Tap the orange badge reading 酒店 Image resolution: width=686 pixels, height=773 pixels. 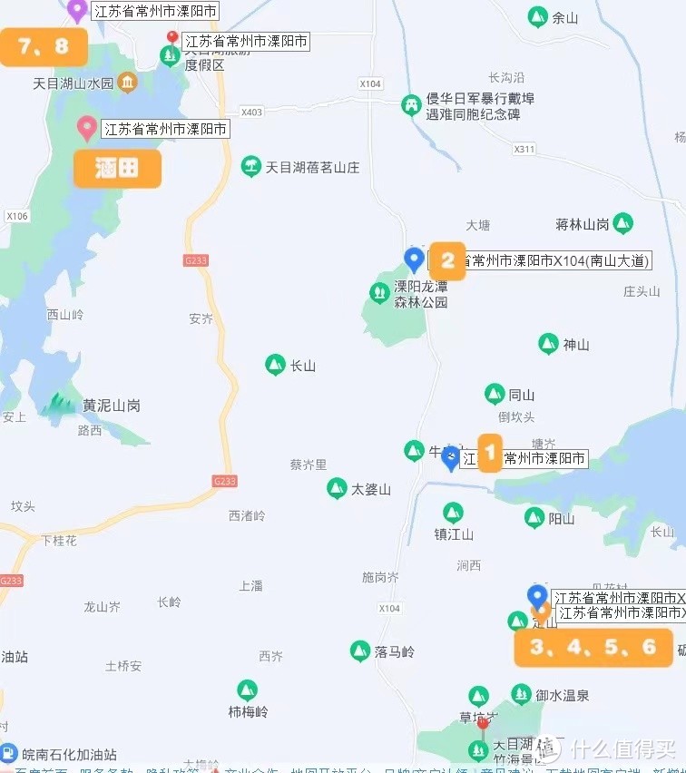[117, 169]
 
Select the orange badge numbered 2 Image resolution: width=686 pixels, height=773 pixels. [447, 261]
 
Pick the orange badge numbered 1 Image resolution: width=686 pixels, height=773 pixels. [489, 453]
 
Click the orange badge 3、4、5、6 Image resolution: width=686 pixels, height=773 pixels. [593, 648]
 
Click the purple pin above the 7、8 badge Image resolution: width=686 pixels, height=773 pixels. [77, 10]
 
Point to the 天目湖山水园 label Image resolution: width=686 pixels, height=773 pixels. [73, 83]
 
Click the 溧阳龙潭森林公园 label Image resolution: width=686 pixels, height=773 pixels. [420, 295]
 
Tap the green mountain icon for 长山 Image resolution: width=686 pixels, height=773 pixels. [275, 366]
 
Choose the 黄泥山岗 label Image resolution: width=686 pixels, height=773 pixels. [112, 406]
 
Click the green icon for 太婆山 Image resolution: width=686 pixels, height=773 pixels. [337, 488]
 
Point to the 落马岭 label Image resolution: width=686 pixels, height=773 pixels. [395, 651]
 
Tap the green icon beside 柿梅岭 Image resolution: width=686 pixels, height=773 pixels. [247, 690]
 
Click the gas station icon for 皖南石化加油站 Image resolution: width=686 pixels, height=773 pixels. [8, 753]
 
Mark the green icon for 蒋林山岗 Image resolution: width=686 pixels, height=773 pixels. [622, 223]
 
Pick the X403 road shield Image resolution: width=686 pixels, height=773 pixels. [251, 112]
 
